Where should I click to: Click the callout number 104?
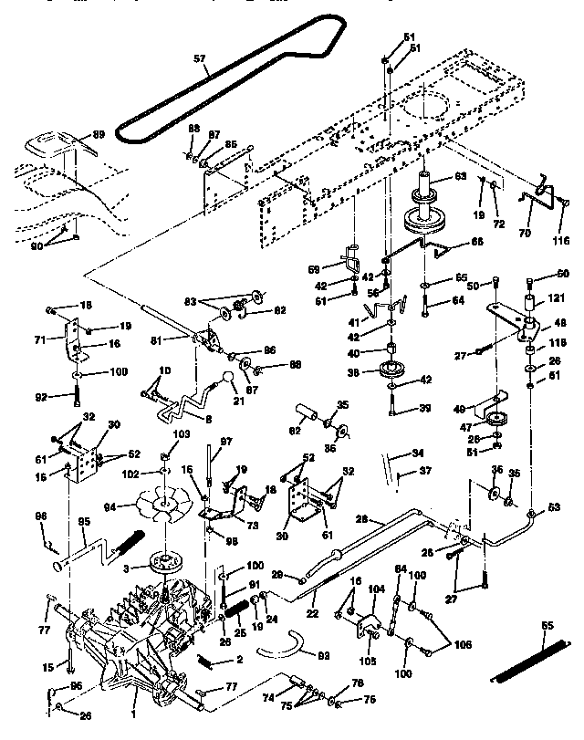(x=376, y=589)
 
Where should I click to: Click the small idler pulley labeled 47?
(x=496, y=420)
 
